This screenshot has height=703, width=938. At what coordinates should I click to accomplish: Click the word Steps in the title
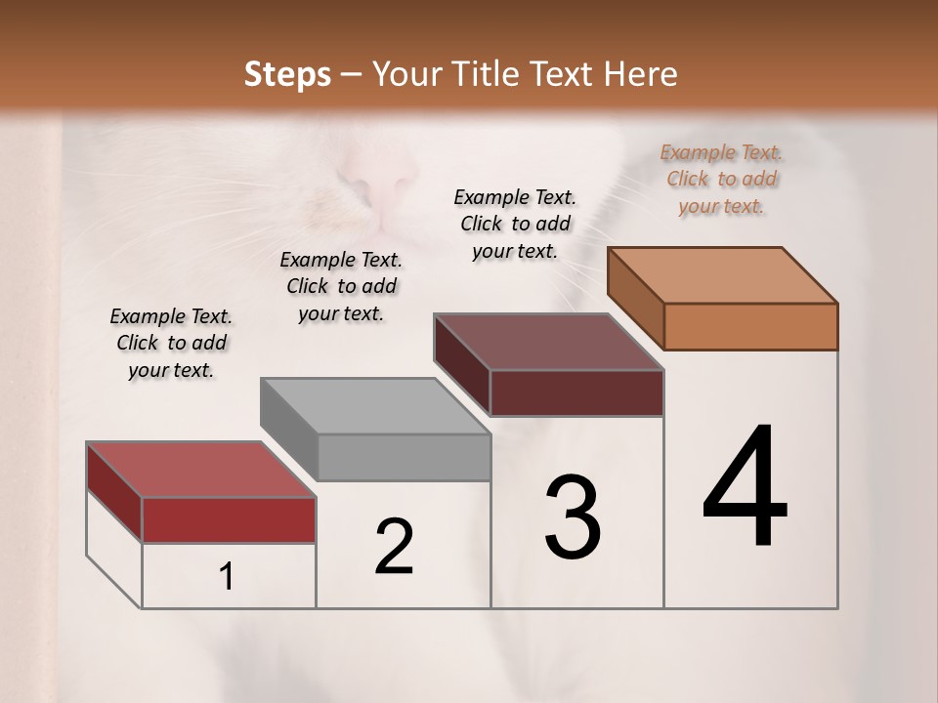point(287,74)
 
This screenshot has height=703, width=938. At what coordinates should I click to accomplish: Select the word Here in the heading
point(641,74)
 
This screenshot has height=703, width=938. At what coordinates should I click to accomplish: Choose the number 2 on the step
point(394,547)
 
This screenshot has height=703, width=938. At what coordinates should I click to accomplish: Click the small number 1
point(226,577)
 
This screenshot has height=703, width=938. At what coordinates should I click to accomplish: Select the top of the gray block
point(375,405)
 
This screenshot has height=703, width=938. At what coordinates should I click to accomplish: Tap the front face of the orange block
point(750,326)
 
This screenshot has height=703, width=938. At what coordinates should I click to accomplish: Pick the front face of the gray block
point(404,457)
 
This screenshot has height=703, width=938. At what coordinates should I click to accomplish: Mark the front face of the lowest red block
point(229,519)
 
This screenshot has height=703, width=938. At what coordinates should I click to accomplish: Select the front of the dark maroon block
point(576,393)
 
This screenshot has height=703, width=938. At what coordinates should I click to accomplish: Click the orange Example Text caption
point(721,179)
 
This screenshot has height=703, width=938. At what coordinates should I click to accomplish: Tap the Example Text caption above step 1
point(171,343)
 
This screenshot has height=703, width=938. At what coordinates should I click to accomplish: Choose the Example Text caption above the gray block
point(341,286)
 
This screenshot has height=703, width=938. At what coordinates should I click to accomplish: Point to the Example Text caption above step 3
point(515,224)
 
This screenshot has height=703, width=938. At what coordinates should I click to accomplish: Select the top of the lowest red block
point(201,470)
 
